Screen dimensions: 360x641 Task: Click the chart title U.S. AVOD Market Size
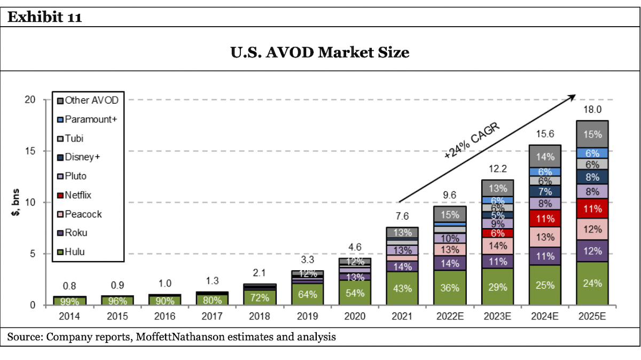(320, 52)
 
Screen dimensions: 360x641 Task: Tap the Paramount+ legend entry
(90, 119)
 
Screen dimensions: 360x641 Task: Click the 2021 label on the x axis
(402, 317)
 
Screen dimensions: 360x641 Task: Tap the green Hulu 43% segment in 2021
(402, 288)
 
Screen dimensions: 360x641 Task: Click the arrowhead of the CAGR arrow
(573, 97)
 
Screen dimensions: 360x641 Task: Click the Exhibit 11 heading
(45, 18)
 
